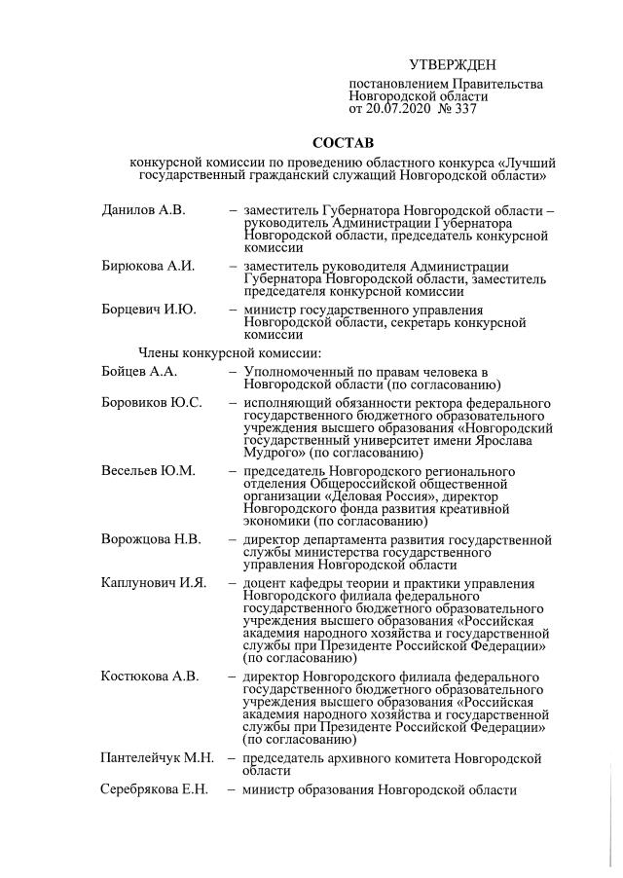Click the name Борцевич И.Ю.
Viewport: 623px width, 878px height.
[149, 310]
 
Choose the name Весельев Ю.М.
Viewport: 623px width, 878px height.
[148, 471]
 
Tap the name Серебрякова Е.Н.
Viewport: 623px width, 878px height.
[155, 788]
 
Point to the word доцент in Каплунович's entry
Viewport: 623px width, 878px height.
[267, 583]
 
